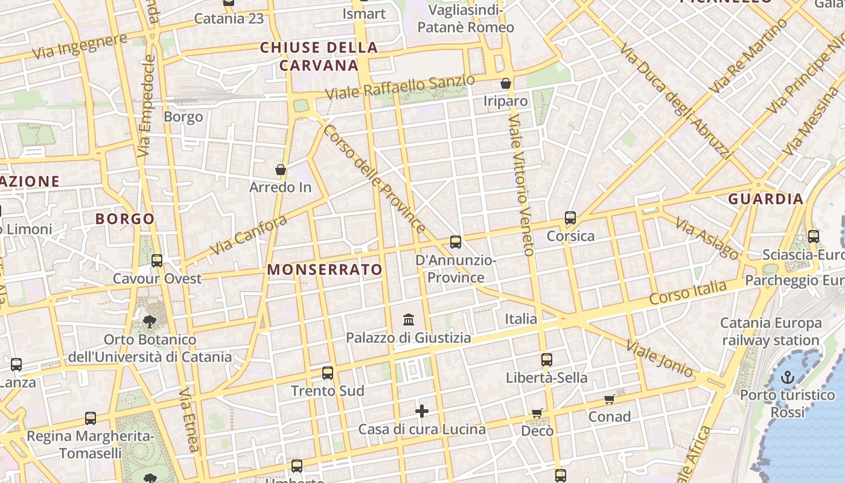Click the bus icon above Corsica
click(570, 218)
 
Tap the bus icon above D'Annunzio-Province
click(456, 242)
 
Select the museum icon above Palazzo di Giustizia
click(409, 319)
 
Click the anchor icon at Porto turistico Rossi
click(787, 378)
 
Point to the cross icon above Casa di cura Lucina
click(422, 412)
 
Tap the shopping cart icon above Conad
click(610, 399)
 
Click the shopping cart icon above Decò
click(537, 414)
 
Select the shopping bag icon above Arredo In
click(281, 170)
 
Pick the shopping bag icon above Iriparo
click(506, 83)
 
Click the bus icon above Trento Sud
click(328, 373)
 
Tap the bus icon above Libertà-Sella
click(547, 360)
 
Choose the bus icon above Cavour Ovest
click(157, 261)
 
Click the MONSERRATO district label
click(325, 270)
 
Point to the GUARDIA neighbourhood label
click(765, 199)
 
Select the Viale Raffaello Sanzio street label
click(400, 88)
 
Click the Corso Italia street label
click(687, 292)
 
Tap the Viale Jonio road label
click(660, 359)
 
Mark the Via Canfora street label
click(248, 235)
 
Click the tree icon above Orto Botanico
click(149, 322)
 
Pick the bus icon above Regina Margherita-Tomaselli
click(91, 418)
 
